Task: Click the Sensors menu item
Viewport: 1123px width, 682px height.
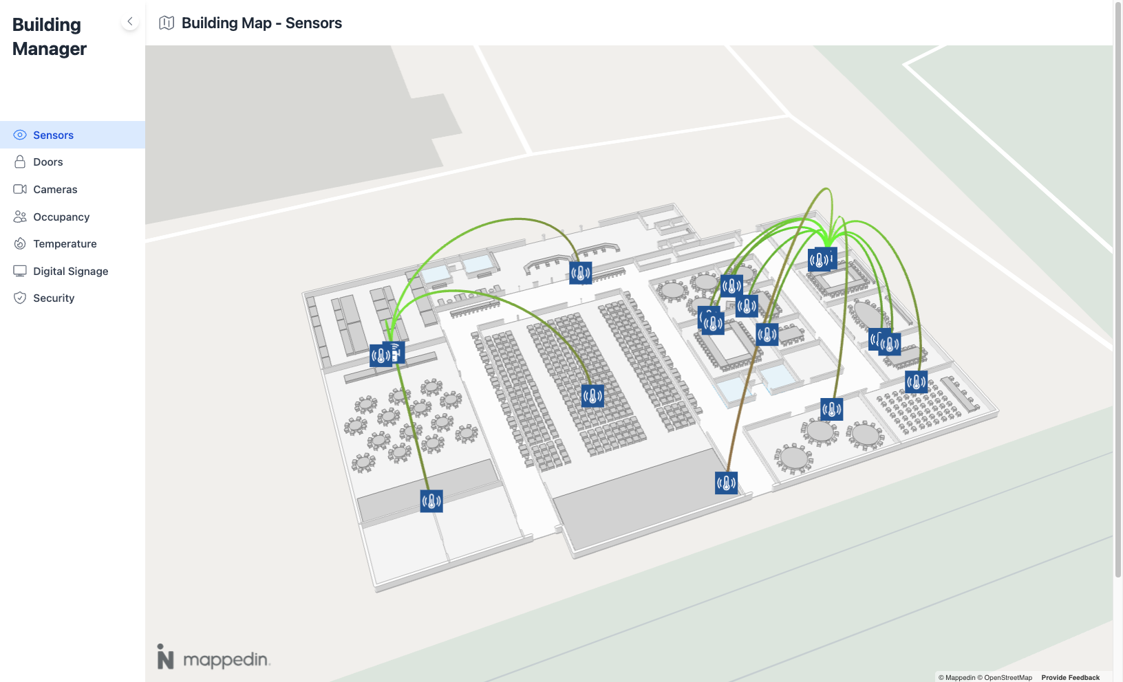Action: point(53,135)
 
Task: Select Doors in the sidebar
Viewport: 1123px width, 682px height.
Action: point(47,162)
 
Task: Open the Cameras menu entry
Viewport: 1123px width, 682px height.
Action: point(55,190)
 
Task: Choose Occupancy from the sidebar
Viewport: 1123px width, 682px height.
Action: point(61,217)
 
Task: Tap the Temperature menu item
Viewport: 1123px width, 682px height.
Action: point(65,244)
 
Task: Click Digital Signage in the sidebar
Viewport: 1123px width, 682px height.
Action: point(70,272)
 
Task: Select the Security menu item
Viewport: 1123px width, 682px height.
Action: point(54,298)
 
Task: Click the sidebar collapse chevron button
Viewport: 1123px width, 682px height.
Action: point(130,21)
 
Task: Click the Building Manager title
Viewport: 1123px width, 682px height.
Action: point(50,37)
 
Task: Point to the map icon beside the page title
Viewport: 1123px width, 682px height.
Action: point(167,23)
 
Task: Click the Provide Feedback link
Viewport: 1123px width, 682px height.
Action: point(1070,677)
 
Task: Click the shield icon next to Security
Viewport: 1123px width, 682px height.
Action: point(20,298)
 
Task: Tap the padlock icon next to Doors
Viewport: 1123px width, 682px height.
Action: point(20,162)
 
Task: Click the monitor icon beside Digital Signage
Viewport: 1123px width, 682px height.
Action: point(20,272)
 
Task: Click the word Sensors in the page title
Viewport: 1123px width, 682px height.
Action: point(313,23)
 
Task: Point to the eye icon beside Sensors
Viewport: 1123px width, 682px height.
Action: point(20,135)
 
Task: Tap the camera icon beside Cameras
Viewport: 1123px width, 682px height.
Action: point(20,190)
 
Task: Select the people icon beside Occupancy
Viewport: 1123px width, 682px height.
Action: point(20,217)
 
